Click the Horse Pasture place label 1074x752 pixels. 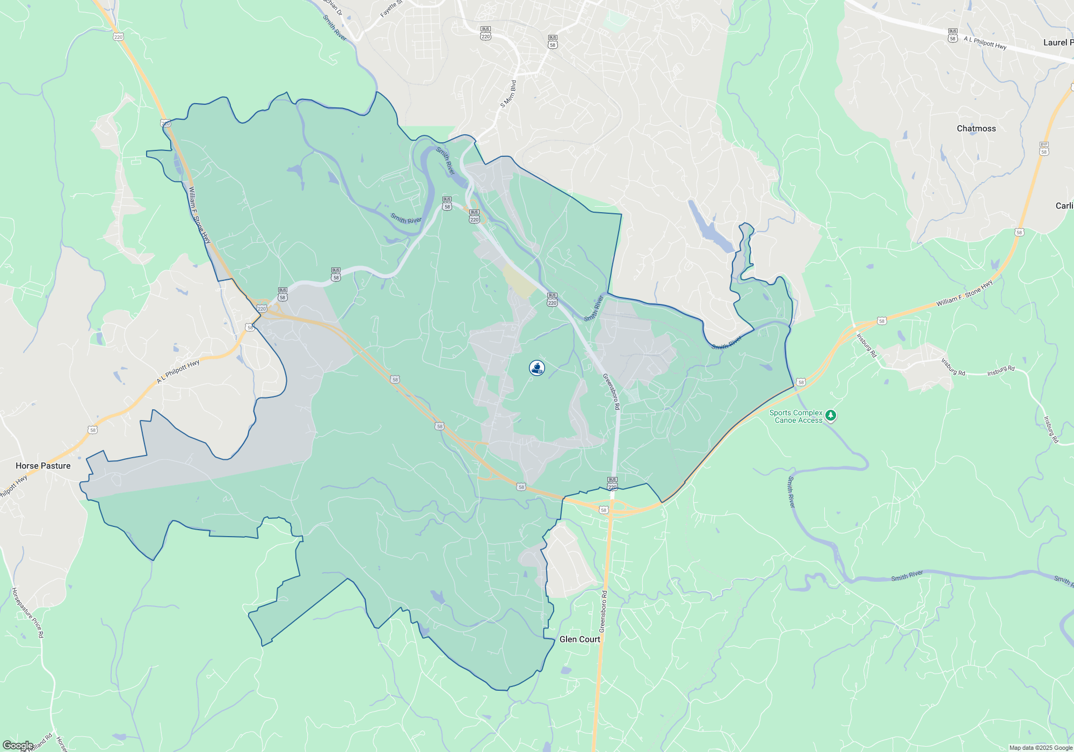(43, 466)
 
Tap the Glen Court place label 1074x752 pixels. (579, 639)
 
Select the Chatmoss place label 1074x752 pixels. (976, 128)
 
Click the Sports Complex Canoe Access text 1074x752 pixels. (797, 416)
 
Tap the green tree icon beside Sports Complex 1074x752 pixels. (831, 415)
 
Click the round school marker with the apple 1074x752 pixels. (537, 368)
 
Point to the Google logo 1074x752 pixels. (18, 746)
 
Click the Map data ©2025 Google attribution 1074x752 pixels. (1040, 748)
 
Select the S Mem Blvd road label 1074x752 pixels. (508, 94)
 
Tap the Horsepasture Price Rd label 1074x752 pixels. (28, 613)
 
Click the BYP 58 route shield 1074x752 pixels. (1044, 149)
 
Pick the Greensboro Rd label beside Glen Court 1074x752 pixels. (604, 611)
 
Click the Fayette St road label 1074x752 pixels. (391, 9)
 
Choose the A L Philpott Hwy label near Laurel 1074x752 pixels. (985, 43)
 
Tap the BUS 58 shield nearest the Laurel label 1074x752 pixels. (953, 35)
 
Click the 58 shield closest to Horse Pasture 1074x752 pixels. (93, 430)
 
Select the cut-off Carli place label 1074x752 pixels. (1064, 206)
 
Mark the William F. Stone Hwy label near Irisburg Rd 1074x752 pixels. (964, 294)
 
